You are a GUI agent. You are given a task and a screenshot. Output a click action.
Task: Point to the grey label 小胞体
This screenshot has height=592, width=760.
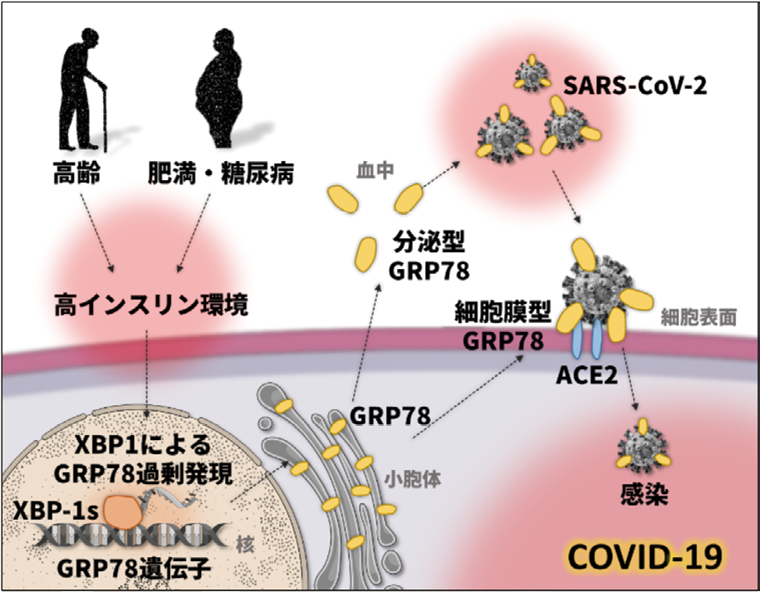(x=403, y=479)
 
